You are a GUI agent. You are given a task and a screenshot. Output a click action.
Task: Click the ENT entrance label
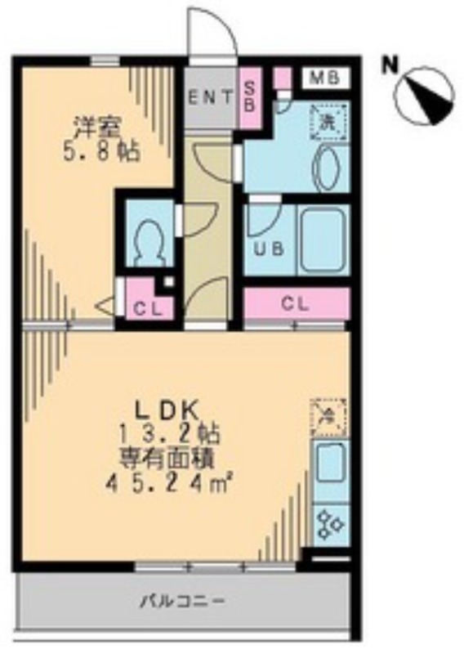210,98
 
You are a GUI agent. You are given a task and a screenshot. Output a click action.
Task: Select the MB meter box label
325,78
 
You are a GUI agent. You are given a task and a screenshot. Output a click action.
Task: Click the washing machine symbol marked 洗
328,121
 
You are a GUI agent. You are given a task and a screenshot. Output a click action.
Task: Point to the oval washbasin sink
328,168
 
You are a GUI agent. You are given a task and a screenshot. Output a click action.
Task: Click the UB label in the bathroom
270,249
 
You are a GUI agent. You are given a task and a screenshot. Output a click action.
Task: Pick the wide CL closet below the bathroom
296,303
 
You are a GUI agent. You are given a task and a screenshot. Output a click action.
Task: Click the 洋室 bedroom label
98,125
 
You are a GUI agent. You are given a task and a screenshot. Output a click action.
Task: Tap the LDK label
165,411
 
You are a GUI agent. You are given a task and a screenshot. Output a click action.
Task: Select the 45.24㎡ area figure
168,484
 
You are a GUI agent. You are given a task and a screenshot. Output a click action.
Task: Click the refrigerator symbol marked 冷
329,417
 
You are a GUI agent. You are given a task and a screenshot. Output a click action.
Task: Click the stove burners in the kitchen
330,523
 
